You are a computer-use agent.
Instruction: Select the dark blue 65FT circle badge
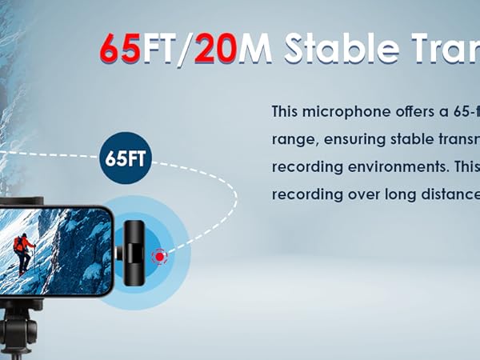[x=126, y=157]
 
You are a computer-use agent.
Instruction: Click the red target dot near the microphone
[x=160, y=256]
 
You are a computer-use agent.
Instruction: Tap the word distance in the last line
[x=451, y=193]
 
